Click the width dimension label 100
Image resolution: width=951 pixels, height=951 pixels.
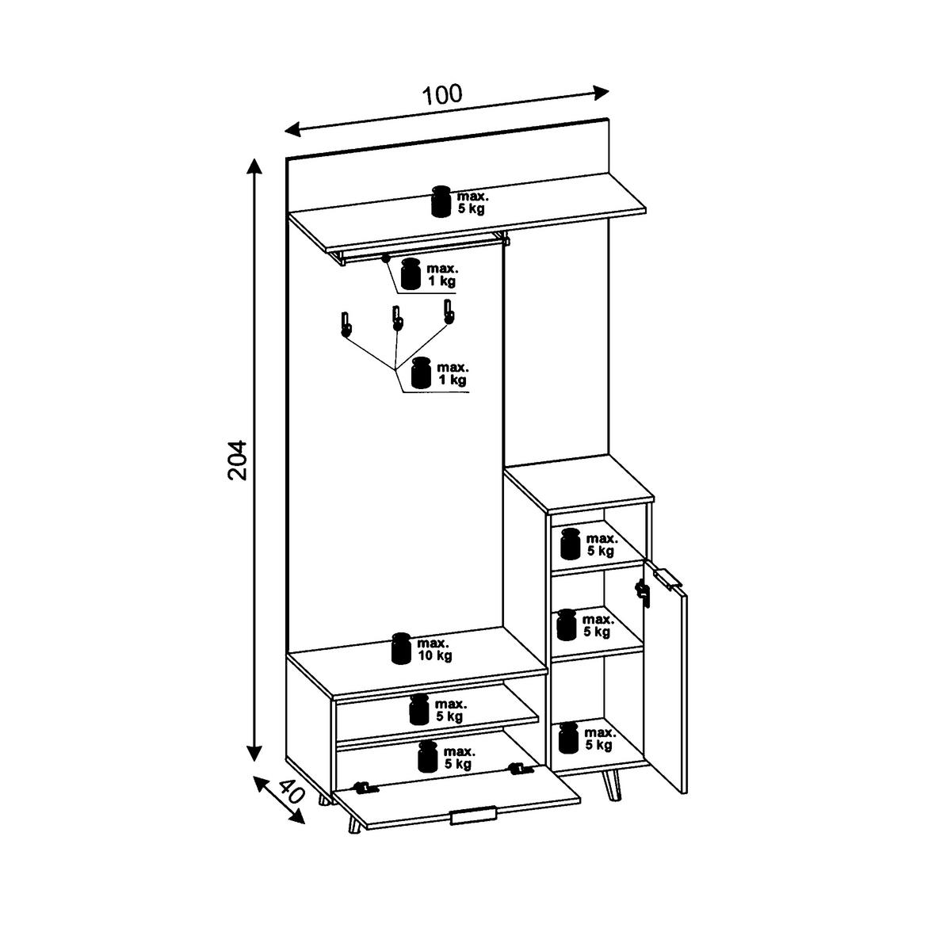pyautogui.click(x=442, y=95)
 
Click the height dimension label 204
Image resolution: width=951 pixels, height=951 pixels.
pyautogui.click(x=239, y=460)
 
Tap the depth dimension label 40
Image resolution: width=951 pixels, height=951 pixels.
pyautogui.click(x=291, y=792)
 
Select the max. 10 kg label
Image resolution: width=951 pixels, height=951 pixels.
pyautogui.click(x=434, y=649)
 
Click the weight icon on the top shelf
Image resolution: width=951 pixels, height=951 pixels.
pyautogui.click(x=441, y=201)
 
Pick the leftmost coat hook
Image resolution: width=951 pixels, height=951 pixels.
pyautogui.click(x=346, y=325)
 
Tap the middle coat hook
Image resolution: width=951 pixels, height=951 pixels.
pyautogui.click(x=396, y=317)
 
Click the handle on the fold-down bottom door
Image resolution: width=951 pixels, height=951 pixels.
pyautogui.click(x=472, y=816)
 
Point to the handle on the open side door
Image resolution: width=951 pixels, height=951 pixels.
pyautogui.click(x=667, y=579)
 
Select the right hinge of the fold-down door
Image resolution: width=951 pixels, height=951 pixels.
pyautogui.click(x=519, y=769)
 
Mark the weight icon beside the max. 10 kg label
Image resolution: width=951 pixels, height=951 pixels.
pyautogui.click(x=402, y=648)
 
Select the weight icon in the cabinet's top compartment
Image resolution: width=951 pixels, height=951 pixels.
pyautogui.click(x=570, y=544)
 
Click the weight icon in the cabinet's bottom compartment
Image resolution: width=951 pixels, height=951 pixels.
pyautogui.click(x=568, y=738)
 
